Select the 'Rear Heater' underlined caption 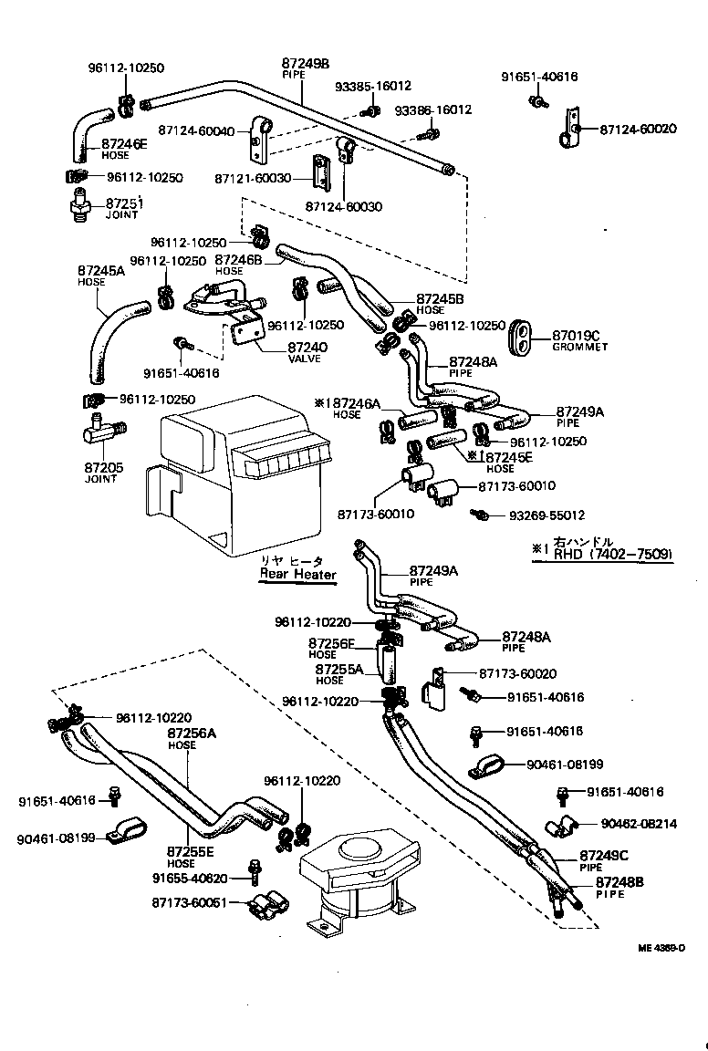tap(297, 574)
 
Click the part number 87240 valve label tap(307, 347)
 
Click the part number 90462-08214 tap(639, 823)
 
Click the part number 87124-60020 tap(638, 130)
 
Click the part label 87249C tap(605, 856)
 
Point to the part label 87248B tap(619, 882)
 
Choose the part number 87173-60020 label tap(517, 673)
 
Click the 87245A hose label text tap(103, 271)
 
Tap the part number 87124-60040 tap(196, 130)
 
